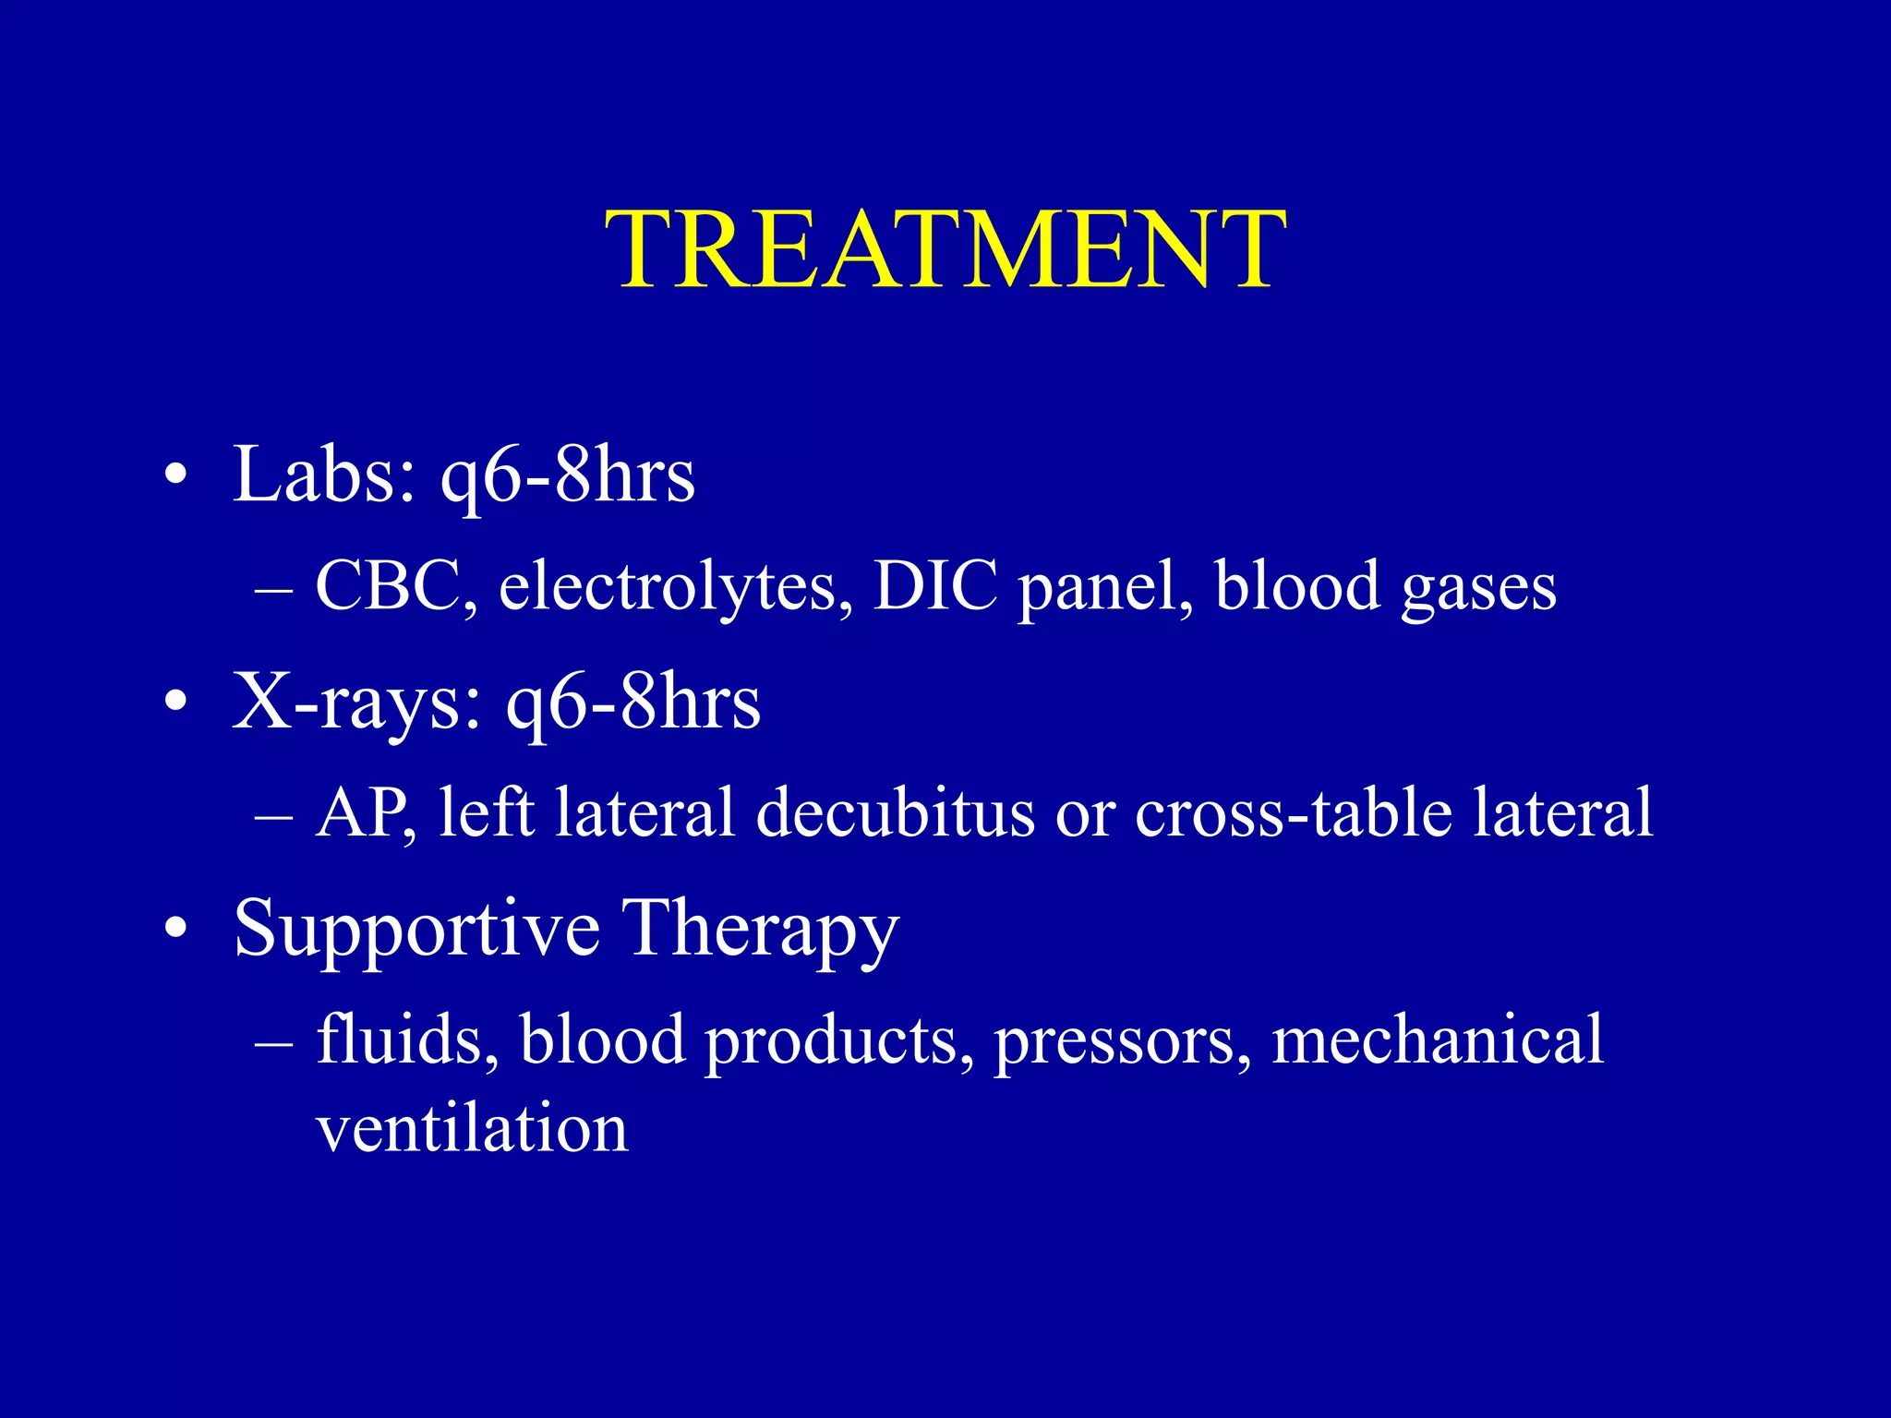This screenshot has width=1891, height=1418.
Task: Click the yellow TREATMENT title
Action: [945, 249]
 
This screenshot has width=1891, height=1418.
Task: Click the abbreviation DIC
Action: [935, 587]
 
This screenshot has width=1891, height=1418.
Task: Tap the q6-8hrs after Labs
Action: [567, 475]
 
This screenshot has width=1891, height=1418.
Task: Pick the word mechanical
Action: [1437, 1039]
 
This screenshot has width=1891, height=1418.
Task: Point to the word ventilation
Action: [472, 1128]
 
